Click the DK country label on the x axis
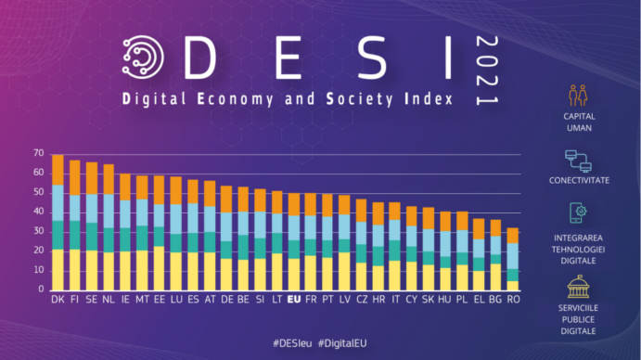[58, 301]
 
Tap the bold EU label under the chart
[294, 301]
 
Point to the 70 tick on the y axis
[37, 153]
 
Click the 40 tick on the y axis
[37, 212]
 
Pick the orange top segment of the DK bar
[58, 170]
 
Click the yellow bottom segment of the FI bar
[75, 270]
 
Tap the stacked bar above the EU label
[294, 242]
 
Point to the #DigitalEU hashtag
[347, 343]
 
